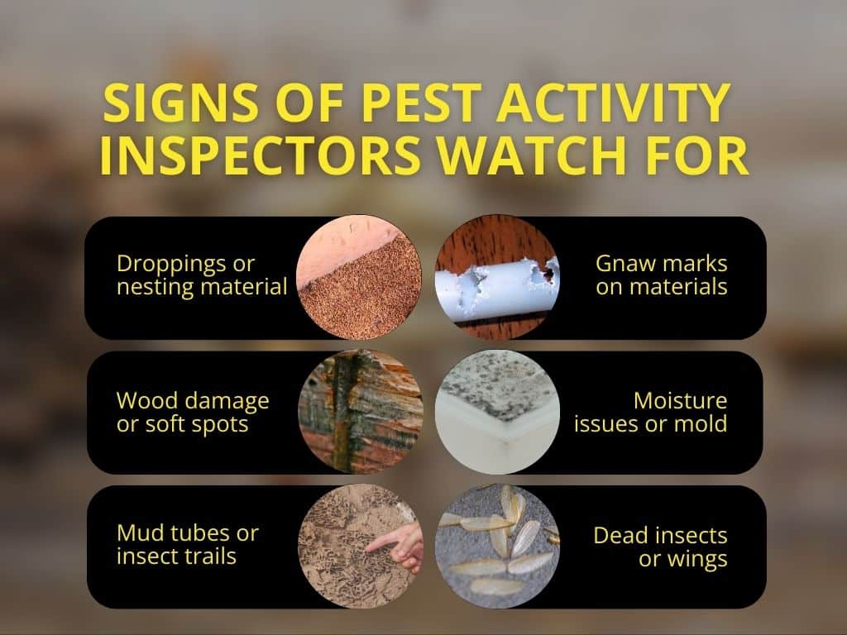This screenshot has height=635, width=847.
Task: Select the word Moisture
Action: (x=680, y=401)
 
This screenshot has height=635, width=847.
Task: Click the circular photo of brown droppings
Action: (x=359, y=278)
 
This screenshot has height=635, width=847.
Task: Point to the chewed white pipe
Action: (x=496, y=277)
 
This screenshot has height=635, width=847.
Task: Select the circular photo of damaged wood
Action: (x=361, y=411)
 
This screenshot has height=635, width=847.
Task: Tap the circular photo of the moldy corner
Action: (x=496, y=411)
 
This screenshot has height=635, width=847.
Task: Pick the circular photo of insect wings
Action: (x=496, y=546)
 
